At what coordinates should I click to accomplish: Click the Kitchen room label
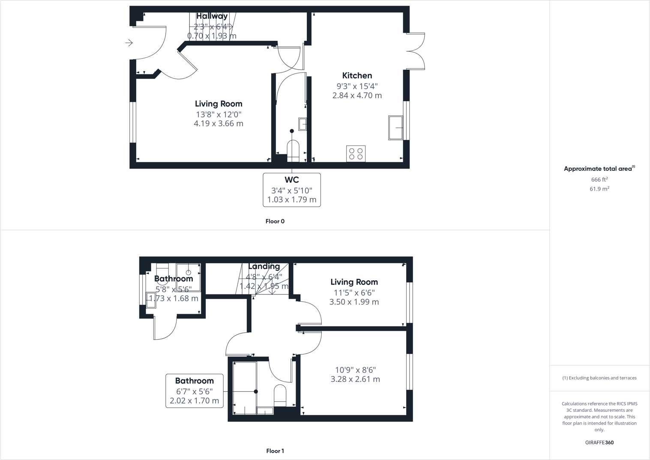click(357, 76)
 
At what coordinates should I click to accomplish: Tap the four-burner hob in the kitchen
click(356, 154)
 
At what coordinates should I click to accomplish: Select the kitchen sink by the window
click(395, 127)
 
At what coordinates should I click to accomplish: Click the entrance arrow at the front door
click(129, 43)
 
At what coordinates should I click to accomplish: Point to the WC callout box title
click(291, 180)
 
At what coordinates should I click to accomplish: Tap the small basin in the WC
click(303, 124)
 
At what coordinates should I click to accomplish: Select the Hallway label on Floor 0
click(212, 16)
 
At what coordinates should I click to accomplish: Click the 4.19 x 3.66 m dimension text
click(219, 124)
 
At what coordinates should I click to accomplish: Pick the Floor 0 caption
click(275, 221)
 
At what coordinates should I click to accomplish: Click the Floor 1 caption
click(275, 451)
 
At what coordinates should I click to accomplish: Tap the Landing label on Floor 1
click(264, 266)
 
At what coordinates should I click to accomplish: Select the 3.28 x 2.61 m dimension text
click(355, 379)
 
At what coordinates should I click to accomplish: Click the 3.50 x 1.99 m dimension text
click(354, 302)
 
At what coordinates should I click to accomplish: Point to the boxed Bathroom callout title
click(194, 381)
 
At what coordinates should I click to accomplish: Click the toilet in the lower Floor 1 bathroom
click(280, 395)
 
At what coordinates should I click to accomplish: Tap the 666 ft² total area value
click(599, 180)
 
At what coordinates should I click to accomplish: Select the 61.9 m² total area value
click(599, 189)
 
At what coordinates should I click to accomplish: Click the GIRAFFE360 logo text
click(599, 442)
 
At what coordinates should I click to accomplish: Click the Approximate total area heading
click(598, 169)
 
